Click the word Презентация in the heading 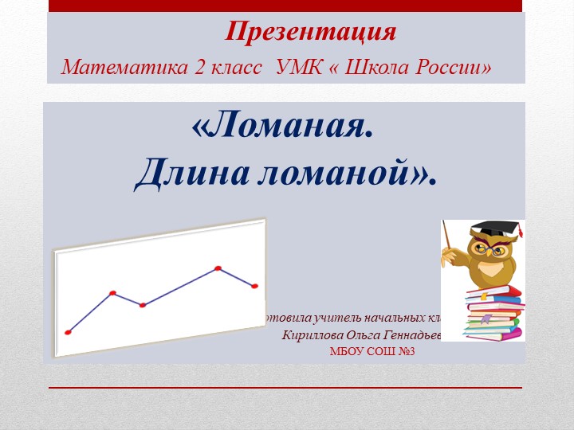click(x=311, y=32)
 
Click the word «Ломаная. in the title click(x=282, y=127)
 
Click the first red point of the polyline click(x=68, y=332)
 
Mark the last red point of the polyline click(x=255, y=286)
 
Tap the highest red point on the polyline click(x=218, y=268)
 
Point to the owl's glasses click(x=488, y=249)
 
